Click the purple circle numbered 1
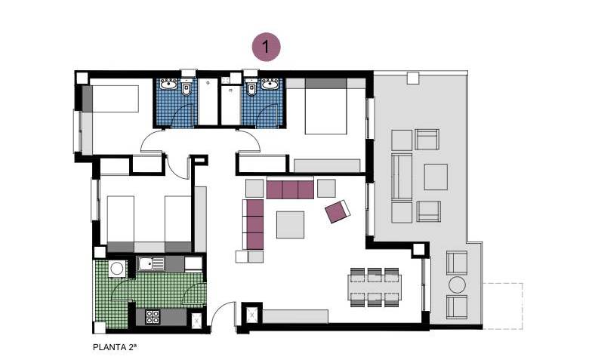click(267, 47)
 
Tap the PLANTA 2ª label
click(115, 347)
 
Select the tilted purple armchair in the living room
click(338, 211)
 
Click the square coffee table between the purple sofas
click(290, 225)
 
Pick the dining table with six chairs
click(375, 287)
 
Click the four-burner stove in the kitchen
click(153, 317)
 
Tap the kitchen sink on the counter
click(151, 263)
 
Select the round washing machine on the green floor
click(117, 269)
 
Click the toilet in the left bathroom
click(187, 88)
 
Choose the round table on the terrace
click(457, 285)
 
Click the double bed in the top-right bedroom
click(326, 106)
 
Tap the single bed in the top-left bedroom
click(110, 99)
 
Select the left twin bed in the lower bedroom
click(121, 224)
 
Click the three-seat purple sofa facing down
click(290, 189)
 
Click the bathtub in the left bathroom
click(208, 101)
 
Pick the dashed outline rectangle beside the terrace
click(503, 306)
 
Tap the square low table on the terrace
click(436, 177)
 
